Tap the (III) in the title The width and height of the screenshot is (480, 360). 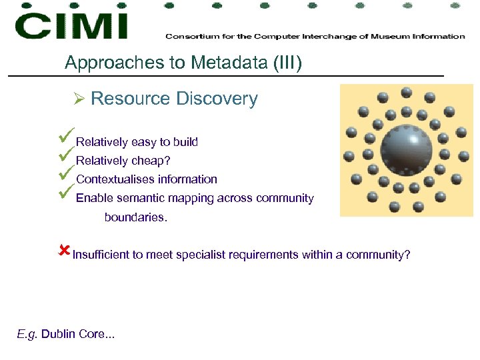pos(286,63)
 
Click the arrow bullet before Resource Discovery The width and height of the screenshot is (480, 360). pos(79,99)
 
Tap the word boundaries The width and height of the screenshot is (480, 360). pos(136,217)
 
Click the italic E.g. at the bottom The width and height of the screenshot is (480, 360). pos(27,334)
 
